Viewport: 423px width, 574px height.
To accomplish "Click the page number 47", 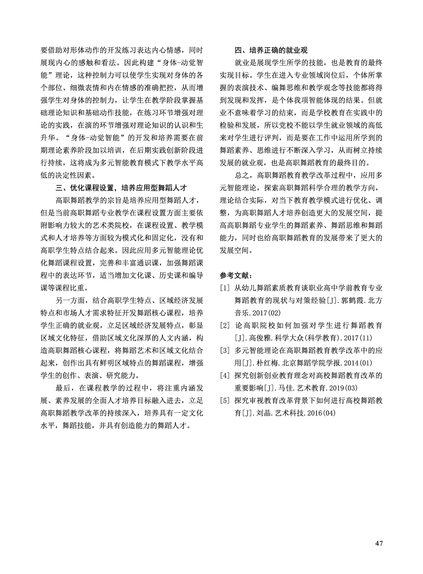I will pyautogui.click(x=379, y=553).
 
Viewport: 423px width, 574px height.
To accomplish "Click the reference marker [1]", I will pyautogui.click(x=226, y=287).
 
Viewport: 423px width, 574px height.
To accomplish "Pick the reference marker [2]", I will pyautogui.click(x=226, y=325).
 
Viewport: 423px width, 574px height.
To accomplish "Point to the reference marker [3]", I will pyautogui.click(x=226, y=351).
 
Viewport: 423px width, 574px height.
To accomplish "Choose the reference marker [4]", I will pyautogui.click(x=226, y=375).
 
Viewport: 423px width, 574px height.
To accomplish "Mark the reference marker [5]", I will pyautogui.click(x=226, y=401).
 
